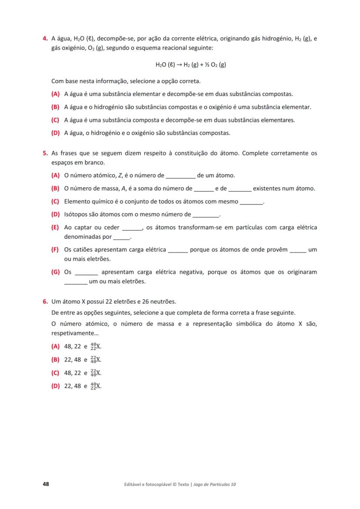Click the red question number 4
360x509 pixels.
[x=45, y=39]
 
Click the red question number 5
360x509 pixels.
[x=45, y=153]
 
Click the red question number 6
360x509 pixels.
[x=45, y=302]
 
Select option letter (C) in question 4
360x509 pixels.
[x=55, y=120]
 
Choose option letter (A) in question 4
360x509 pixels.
[x=55, y=94]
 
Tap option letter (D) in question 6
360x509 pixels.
[x=55, y=386]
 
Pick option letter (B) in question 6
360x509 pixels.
[x=55, y=360]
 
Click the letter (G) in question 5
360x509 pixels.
[x=55, y=272]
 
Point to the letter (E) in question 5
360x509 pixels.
[x=55, y=227]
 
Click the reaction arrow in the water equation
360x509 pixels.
[x=179, y=65]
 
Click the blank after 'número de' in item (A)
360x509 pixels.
[x=181, y=176]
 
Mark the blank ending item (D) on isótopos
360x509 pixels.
[x=206, y=215]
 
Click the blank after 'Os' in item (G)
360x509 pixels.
[x=87, y=273]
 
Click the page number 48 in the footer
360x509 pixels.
[x=46, y=484]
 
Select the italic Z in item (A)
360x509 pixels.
[x=120, y=176]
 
